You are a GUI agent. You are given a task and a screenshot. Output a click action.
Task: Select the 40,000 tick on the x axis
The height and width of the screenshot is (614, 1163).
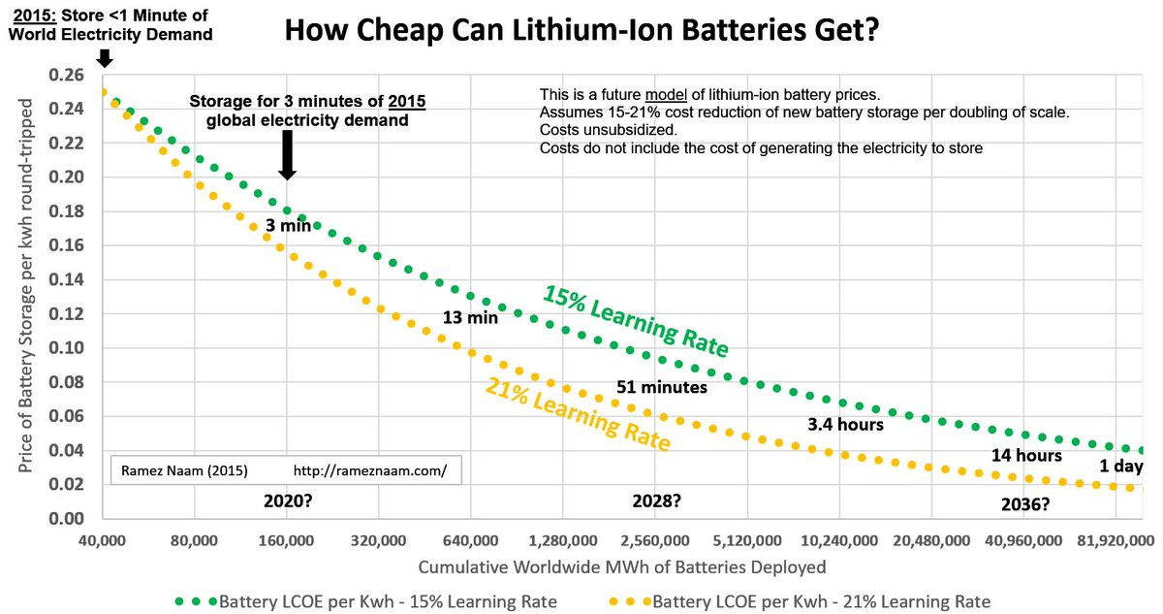pyautogui.click(x=103, y=538)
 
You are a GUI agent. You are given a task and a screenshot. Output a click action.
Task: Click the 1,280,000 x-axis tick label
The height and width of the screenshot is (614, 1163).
pyautogui.click(x=563, y=538)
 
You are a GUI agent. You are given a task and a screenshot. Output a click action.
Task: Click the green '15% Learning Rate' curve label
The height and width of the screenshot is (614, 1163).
pyautogui.click(x=635, y=320)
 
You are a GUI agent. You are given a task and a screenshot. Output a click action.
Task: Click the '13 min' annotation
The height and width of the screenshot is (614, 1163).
pyautogui.click(x=470, y=316)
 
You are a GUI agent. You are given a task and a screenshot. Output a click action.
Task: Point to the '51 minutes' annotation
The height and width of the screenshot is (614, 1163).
pyautogui.click(x=662, y=387)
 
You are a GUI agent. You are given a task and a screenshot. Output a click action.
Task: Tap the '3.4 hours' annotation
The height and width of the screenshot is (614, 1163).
pyautogui.click(x=845, y=424)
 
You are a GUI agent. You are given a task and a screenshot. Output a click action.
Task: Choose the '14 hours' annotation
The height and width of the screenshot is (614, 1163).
pyautogui.click(x=1026, y=455)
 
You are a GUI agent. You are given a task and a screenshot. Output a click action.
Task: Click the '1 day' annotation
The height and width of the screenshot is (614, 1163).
pyautogui.click(x=1121, y=467)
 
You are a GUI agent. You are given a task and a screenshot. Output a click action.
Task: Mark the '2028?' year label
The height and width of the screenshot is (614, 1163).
pyautogui.click(x=656, y=502)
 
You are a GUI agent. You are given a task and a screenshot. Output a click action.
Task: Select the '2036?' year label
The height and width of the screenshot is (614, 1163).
pyautogui.click(x=1025, y=504)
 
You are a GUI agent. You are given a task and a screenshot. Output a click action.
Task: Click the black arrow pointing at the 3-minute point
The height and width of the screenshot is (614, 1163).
pyautogui.click(x=287, y=155)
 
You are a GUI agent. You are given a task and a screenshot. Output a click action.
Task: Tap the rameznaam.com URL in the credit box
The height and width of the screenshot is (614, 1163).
pyautogui.click(x=369, y=471)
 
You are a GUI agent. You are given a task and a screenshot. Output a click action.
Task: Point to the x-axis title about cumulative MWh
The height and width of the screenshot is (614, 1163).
pyautogui.click(x=622, y=566)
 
